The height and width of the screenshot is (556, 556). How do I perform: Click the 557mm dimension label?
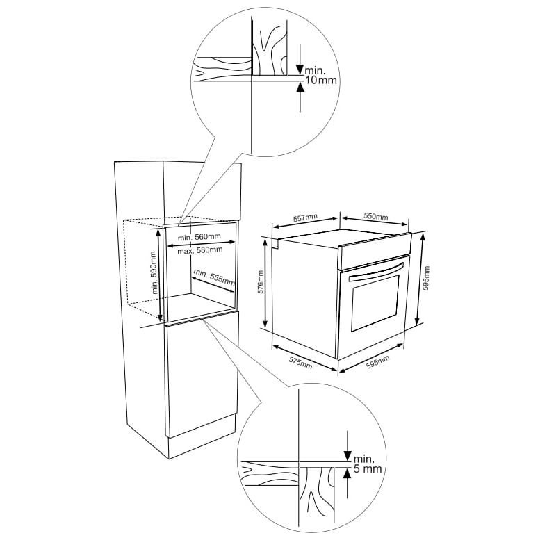click(x=305, y=218)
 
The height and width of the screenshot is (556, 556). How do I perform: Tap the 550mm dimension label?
click(x=376, y=216)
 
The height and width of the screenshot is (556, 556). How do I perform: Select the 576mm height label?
click(x=261, y=282)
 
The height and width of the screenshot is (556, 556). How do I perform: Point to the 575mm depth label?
click(x=301, y=363)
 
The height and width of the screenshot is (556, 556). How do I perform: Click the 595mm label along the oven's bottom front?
click(x=378, y=361)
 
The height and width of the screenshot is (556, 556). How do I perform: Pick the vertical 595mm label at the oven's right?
click(x=426, y=278)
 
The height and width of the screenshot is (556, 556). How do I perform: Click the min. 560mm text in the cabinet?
click(x=199, y=237)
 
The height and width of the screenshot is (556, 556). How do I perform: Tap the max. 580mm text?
click(x=200, y=250)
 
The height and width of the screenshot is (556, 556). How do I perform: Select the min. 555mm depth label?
click(x=214, y=277)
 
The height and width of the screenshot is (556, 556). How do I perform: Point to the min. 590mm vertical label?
click(x=154, y=272)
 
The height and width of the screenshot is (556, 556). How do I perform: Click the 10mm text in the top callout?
click(x=321, y=80)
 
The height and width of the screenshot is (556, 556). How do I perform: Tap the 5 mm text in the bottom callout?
click(x=368, y=468)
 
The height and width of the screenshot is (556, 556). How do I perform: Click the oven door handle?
click(x=377, y=272)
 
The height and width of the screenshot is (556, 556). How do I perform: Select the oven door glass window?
click(x=375, y=302)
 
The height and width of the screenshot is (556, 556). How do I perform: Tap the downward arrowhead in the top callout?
click(x=300, y=69)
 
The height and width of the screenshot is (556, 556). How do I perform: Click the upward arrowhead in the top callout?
click(x=300, y=87)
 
